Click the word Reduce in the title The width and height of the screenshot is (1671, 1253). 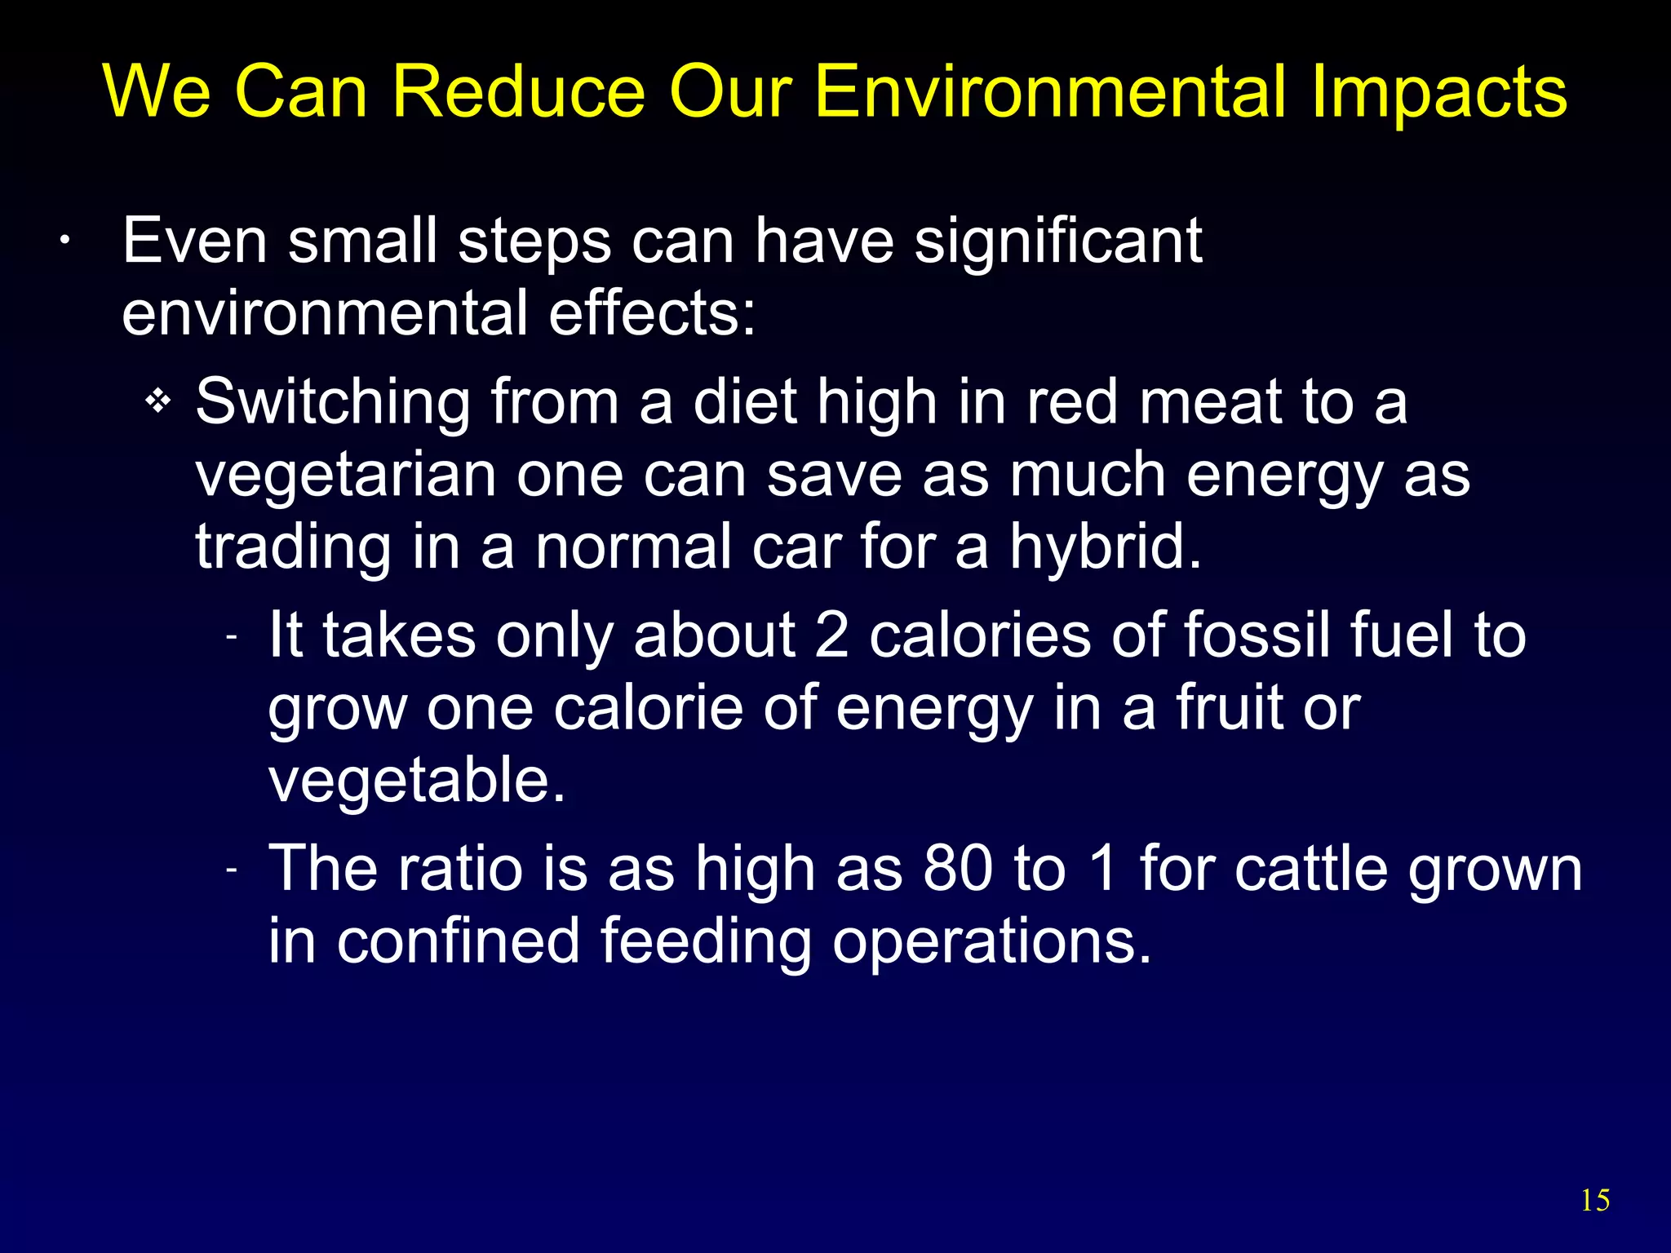coord(519,91)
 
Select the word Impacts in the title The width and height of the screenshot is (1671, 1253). coord(1439,91)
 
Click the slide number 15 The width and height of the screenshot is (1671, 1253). coord(1595,1200)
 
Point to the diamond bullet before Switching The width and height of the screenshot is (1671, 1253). coord(158,401)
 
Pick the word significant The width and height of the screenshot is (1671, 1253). coord(1057,241)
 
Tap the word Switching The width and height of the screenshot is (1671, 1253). coord(333,403)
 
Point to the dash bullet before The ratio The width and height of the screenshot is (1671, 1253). coord(232,870)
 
